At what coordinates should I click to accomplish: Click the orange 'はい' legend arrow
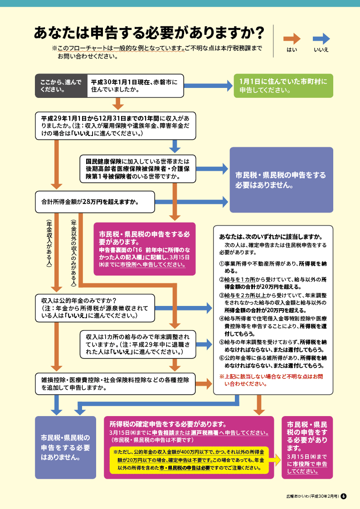(292, 39)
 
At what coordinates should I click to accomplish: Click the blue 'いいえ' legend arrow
(321, 39)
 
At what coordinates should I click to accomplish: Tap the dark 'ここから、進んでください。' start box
(61, 86)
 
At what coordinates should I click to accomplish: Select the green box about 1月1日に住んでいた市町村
(283, 86)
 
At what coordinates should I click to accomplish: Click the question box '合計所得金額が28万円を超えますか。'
(95, 201)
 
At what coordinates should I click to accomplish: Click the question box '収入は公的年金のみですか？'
(95, 307)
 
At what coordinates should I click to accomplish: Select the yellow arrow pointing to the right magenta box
(275, 459)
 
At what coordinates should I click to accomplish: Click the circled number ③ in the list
(222, 295)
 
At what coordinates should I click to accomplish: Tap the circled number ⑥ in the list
(222, 358)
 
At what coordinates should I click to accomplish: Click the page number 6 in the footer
(344, 496)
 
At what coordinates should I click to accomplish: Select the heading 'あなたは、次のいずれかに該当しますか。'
(271, 237)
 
